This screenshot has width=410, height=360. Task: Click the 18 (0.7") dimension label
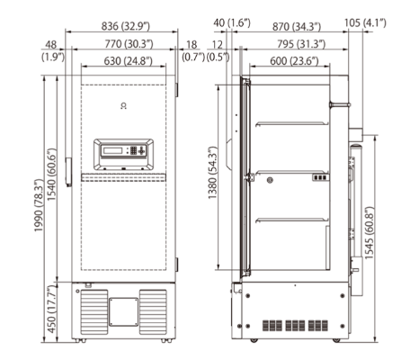click(x=192, y=51)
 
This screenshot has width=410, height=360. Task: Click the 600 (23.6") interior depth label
click(x=284, y=61)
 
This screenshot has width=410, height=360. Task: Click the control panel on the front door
click(x=123, y=153)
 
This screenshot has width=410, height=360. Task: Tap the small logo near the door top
click(x=122, y=105)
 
